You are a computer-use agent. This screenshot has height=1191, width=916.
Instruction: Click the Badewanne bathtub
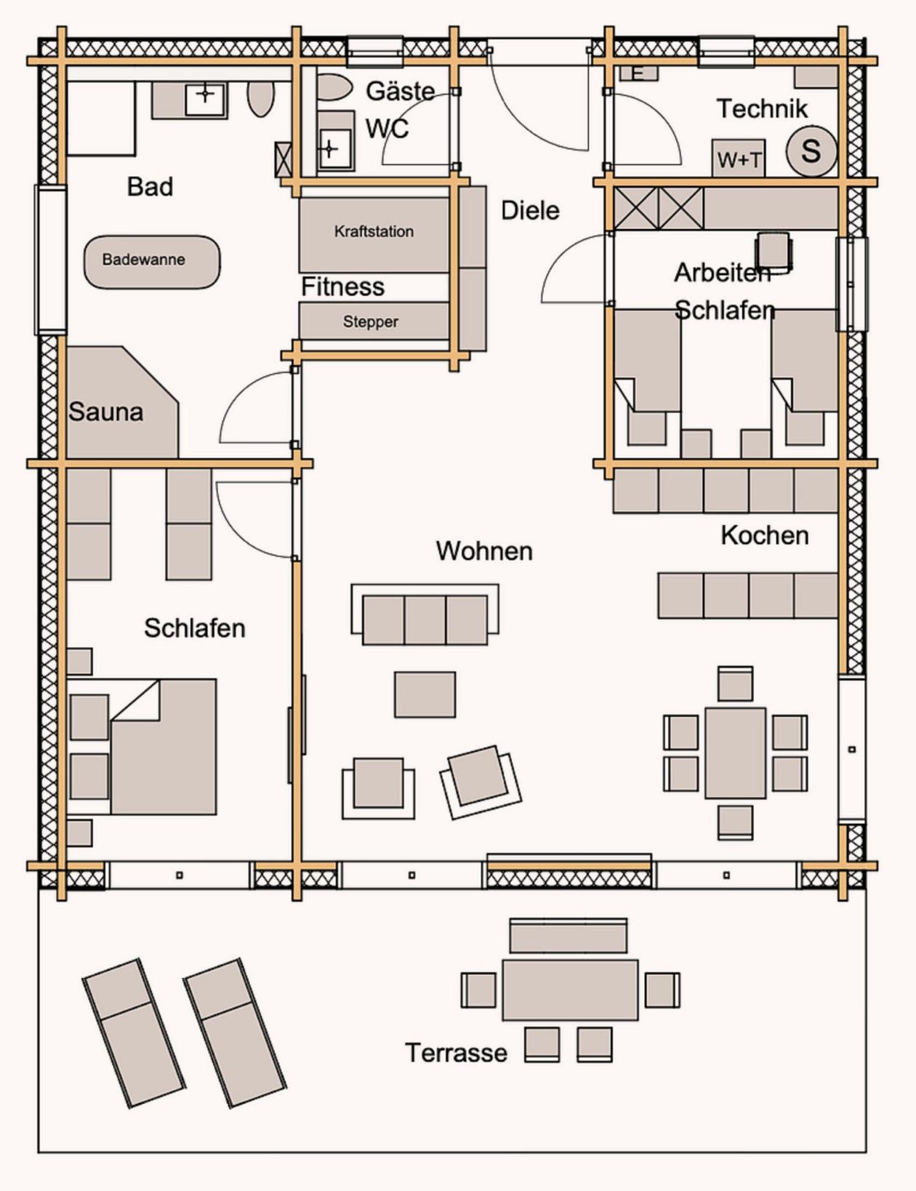[152, 262]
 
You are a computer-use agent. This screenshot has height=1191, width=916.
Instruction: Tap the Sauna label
[105, 412]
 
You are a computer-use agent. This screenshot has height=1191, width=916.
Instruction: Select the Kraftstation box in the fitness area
[374, 235]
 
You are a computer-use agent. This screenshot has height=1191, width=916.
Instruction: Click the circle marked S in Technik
[811, 151]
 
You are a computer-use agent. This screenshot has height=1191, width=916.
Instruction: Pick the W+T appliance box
[739, 159]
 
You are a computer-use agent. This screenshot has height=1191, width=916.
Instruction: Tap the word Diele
[530, 210]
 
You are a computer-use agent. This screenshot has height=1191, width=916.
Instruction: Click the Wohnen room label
[484, 551]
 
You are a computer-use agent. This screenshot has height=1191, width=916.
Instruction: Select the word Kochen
[765, 535]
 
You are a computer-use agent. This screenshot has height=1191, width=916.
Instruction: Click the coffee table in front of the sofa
[425, 694]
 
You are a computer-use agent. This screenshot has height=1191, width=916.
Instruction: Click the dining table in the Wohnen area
[735, 753]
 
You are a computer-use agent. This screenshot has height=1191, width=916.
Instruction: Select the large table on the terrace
[570, 990]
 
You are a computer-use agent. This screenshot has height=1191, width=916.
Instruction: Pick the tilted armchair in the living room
[481, 782]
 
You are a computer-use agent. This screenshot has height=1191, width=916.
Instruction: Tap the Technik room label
[762, 108]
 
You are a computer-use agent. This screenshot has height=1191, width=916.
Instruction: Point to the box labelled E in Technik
[639, 73]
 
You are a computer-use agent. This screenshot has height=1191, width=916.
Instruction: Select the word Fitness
[343, 286]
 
